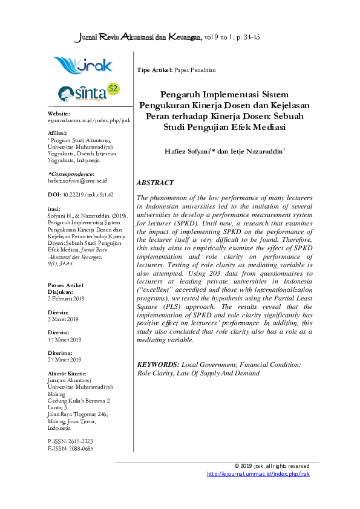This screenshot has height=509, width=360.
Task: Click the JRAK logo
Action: (x=82, y=65)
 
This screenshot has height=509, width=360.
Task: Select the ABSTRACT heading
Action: (x=155, y=183)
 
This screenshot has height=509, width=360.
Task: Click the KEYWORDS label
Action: (x=158, y=365)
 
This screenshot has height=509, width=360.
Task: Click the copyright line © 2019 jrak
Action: (x=272, y=466)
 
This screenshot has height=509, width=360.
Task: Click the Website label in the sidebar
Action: (x=59, y=114)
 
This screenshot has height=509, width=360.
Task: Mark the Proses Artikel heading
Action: (x=65, y=285)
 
